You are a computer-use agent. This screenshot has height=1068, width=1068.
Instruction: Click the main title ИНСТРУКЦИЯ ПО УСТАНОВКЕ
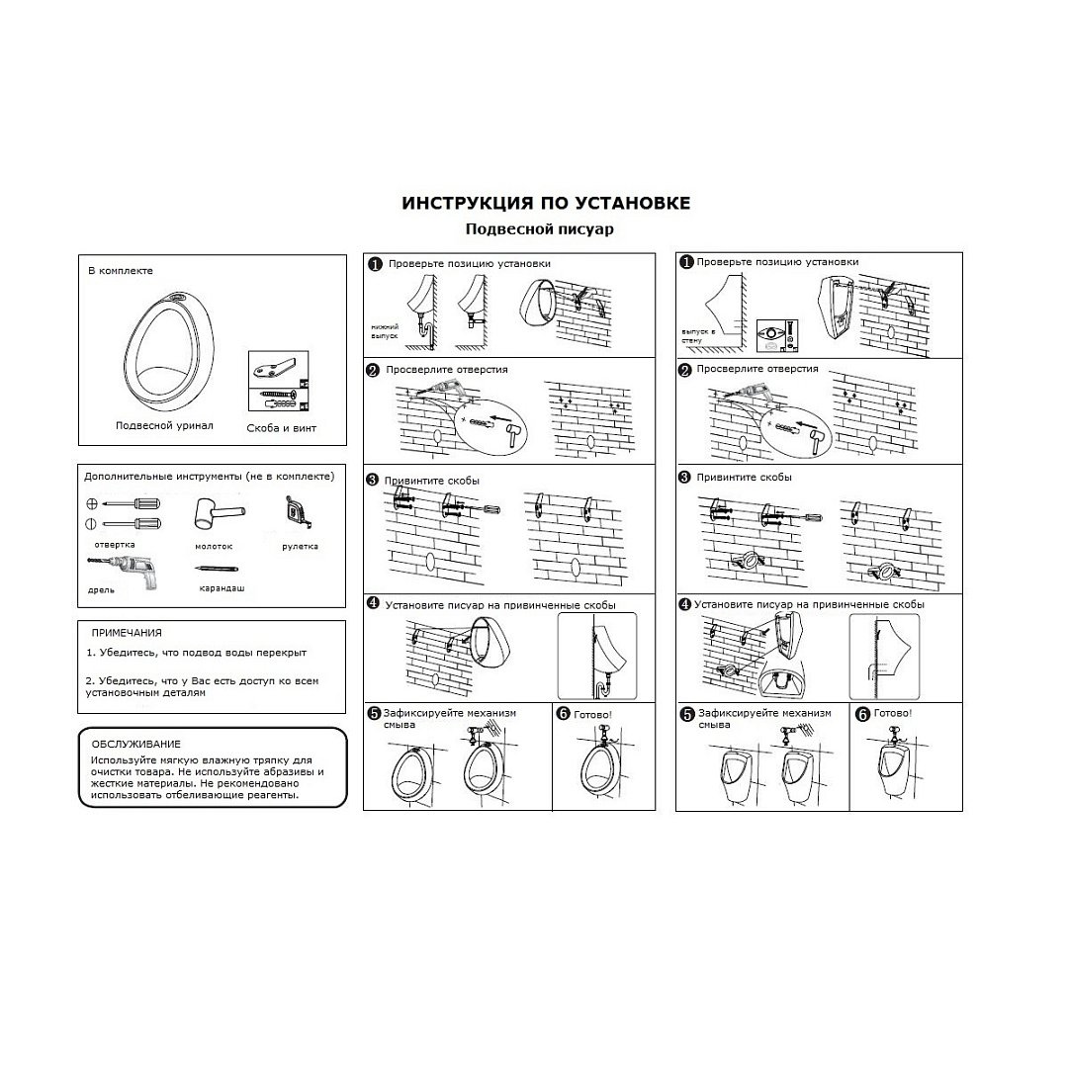click(x=546, y=203)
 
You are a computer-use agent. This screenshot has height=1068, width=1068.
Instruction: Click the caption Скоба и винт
click(x=282, y=428)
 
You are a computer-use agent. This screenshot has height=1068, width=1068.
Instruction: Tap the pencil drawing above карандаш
click(x=219, y=570)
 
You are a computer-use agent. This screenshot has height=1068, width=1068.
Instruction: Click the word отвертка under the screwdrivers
click(x=116, y=544)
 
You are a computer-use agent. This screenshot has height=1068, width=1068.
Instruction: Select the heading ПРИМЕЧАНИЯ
click(x=127, y=632)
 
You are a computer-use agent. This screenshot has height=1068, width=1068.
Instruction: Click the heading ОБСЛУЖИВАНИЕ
click(x=136, y=743)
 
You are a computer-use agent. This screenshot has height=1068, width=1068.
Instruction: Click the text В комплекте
click(x=121, y=270)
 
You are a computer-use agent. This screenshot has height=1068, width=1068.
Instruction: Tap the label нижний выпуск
click(x=384, y=330)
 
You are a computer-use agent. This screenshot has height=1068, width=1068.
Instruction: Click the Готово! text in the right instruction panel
click(x=893, y=712)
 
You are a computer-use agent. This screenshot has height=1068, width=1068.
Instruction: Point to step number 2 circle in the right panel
click(x=684, y=370)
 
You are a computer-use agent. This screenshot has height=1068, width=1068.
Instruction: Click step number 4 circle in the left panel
click(x=373, y=603)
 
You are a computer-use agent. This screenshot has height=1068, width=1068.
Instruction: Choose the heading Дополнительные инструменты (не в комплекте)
click(x=210, y=476)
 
